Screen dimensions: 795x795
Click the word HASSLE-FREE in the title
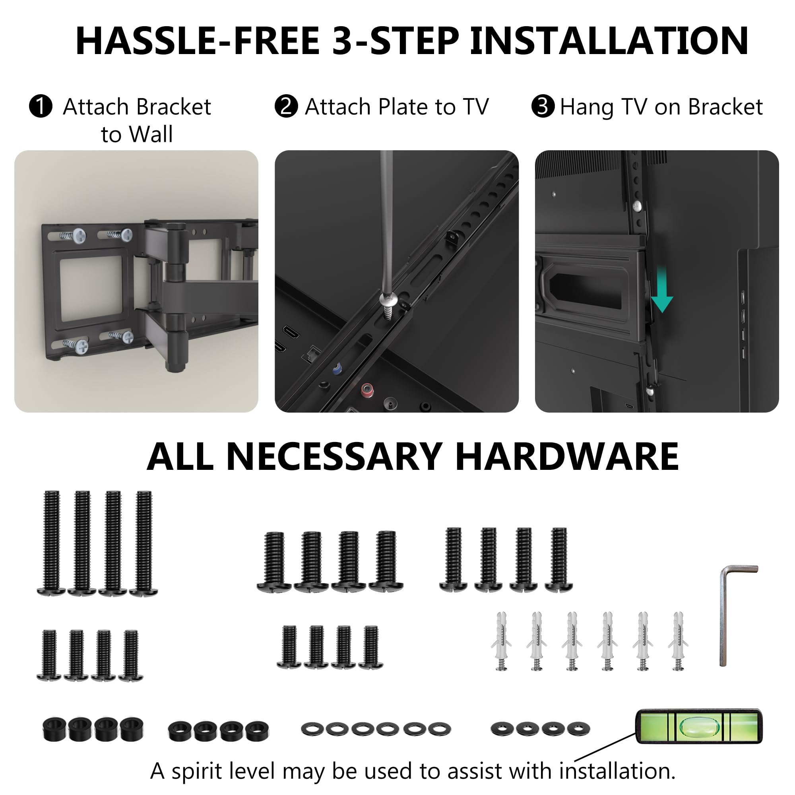[198, 41]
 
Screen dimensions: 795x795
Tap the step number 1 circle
[41, 106]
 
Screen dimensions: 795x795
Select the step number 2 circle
[286, 106]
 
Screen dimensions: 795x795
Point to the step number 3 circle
[543, 106]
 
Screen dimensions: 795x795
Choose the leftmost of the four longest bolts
[51, 543]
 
